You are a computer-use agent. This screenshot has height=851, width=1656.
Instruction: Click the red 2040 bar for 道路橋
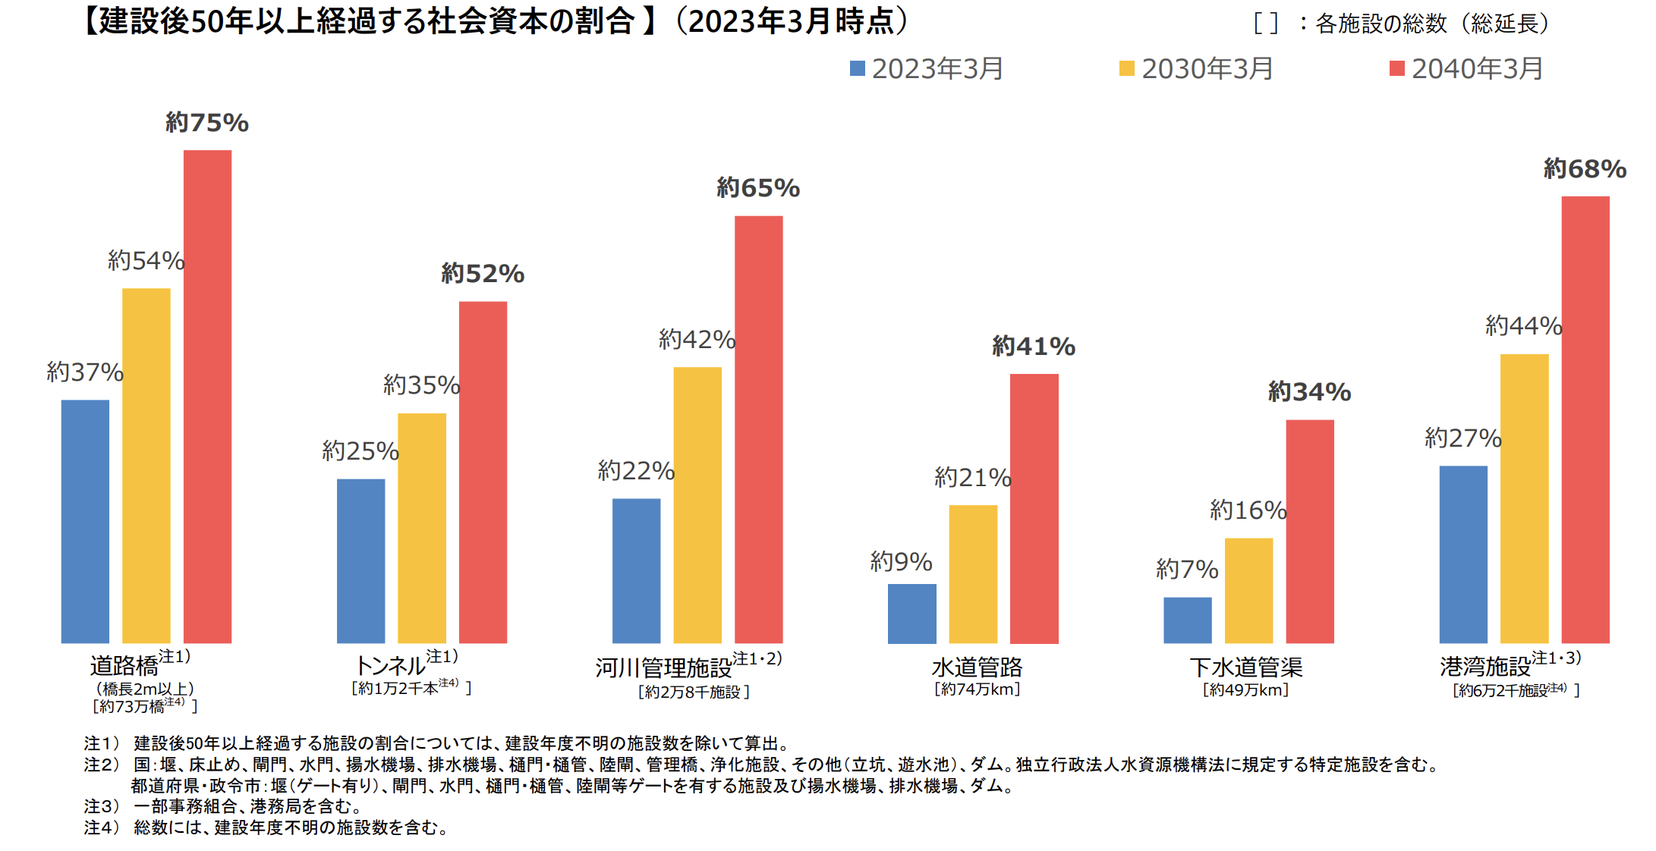click(x=207, y=396)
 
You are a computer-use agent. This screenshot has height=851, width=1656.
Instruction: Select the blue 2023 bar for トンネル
click(x=360, y=561)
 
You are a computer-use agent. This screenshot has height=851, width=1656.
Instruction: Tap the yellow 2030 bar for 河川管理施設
click(x=697, y=505)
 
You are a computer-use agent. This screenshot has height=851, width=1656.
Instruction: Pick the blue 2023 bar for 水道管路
click(x=911, y=613)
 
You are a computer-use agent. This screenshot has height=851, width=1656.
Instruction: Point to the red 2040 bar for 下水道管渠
click(x=1309, y=531)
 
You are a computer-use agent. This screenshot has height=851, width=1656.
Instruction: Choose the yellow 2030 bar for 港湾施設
click(x=1524, y=498)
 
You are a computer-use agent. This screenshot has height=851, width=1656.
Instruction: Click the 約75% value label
click(x=207, y=123)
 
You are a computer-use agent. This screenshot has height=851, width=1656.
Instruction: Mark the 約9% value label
click(x=901, y=562)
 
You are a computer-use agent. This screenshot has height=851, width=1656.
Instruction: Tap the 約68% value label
click(x=1585, y=169)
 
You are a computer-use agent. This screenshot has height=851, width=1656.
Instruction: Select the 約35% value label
click(x=421, y=385)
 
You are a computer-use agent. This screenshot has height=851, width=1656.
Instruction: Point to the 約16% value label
click(x=1248, y=510)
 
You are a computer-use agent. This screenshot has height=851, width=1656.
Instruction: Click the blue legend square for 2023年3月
click(x=858, y=69)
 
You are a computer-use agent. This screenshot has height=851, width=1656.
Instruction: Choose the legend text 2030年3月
click(x=1207, y=69)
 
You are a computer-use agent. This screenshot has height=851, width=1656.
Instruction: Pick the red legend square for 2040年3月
click(x=1396, y=69)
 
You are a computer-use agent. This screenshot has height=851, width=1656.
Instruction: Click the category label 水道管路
click(x=977, y=667)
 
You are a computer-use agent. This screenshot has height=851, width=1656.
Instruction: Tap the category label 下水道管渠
click(x=1245, y=667)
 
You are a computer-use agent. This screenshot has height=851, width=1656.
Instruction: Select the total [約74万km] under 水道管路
click(x=977, y=689)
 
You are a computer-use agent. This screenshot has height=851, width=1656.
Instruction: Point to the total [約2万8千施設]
click(x=694, y=692)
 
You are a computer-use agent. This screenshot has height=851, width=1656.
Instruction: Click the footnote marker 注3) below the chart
click(x=102, y=806)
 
